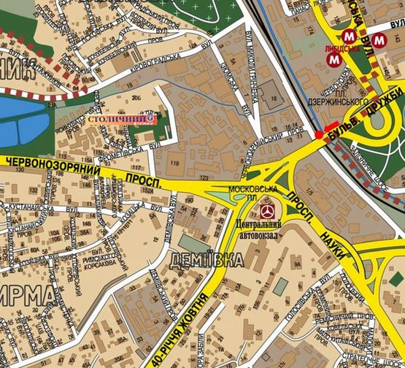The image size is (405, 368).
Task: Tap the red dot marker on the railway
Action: (319, 135)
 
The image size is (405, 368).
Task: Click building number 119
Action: (174, 161)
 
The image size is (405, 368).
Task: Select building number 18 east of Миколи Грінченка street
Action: (274, 99)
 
